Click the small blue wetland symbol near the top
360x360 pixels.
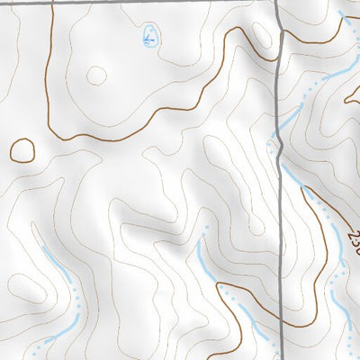click(x=150, y=38)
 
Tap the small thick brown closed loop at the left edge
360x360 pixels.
click(x=22, y=150)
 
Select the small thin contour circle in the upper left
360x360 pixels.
click(x=95, y=75)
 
